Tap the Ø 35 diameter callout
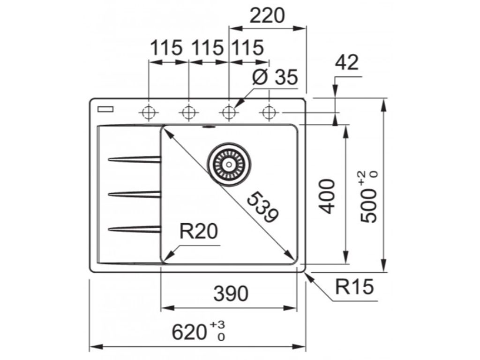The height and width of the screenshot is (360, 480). coord(275,77)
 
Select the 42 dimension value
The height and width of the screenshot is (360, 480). coord(347,62)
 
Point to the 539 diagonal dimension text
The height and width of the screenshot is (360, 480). coord(262,207)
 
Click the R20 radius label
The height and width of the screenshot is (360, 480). coord(200,231)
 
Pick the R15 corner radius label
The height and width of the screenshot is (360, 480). coord(354,286)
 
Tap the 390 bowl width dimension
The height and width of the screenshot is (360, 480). coord(230,294)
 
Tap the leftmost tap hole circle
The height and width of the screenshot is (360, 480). coord(149,112)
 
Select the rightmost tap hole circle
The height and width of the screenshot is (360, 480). coord(269,112)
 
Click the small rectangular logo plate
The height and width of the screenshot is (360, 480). coord(105,110)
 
